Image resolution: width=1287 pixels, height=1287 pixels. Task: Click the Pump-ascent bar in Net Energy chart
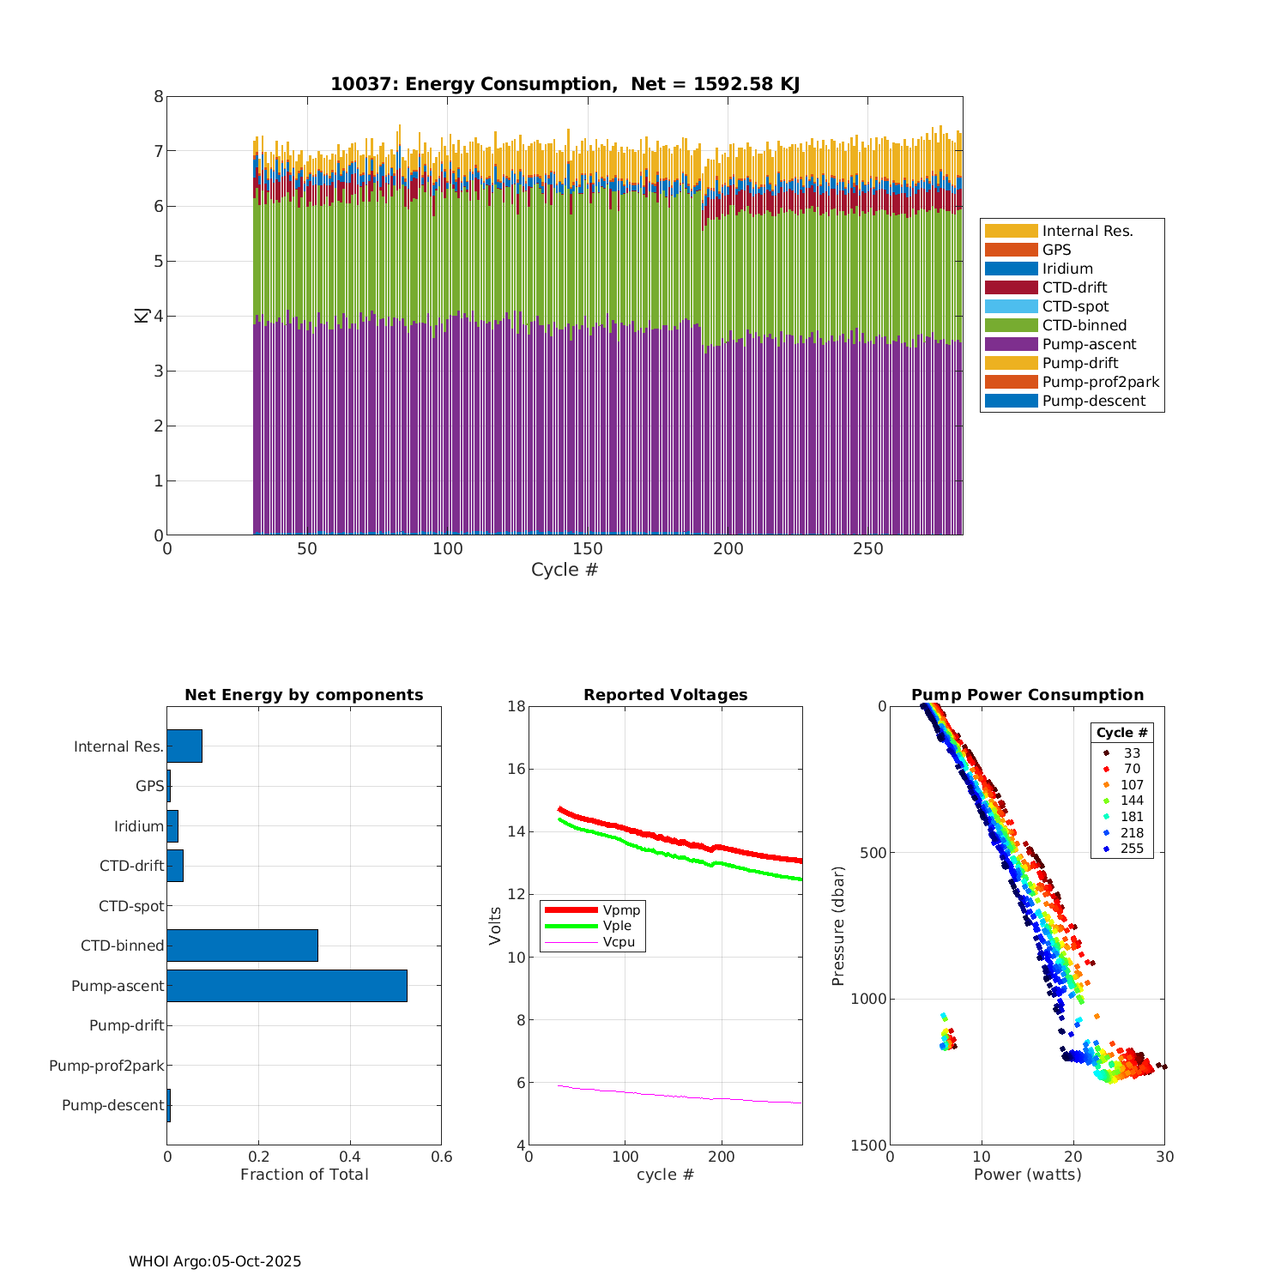(287, 986)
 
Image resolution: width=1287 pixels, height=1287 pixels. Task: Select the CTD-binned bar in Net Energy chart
(242, 946)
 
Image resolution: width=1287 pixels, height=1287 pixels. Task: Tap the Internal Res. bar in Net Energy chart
(184, 746)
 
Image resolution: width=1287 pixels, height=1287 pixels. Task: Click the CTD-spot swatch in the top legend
(1011, 306)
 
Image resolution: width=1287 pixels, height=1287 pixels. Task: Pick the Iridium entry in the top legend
(1067, 269)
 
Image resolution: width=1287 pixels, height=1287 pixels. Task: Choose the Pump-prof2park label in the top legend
(1100, 382)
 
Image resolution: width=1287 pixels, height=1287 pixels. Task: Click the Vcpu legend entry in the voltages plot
(618, 942)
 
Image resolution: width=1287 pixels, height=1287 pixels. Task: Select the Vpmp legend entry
(621, 909)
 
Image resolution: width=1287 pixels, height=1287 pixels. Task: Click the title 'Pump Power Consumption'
(1027, 695)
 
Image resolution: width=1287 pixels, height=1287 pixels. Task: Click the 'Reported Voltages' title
(665, 695)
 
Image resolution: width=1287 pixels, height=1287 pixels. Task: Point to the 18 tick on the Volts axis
(517, 706)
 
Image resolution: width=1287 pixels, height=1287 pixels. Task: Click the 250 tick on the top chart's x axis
(867, 549)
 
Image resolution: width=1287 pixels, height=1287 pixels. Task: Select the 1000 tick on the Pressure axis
(870, 999)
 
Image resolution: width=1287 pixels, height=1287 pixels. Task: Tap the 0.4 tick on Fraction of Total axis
(350, 1157)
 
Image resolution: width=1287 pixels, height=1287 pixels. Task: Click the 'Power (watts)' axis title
(1027, 1175)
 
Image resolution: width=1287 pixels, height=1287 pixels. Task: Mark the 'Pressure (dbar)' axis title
(838, 925)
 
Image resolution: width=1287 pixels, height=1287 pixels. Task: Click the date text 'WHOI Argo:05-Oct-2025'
(214, 1261)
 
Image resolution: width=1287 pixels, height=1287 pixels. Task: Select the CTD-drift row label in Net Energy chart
(131, 866)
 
